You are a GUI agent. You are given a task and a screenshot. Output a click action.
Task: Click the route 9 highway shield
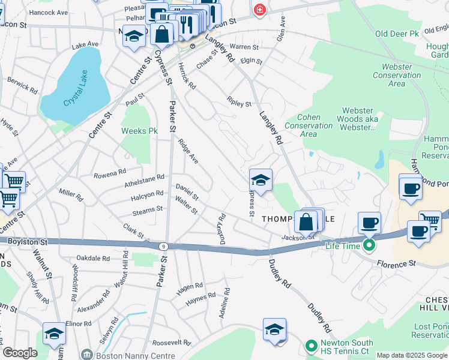click(x=163, y=245)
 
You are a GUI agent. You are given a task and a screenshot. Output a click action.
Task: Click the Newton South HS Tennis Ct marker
click(x=311, y=347)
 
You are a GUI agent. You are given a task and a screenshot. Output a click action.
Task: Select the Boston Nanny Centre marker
click(x=87, y=355)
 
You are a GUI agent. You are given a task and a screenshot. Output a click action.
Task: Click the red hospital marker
click(x=259, y=10)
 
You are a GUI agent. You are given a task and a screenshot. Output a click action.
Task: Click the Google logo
click(x=20, y=353)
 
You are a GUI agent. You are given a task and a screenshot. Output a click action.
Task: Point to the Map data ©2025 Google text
click(x=411, y=355)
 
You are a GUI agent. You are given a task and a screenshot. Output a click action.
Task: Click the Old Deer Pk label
click(x=397, y=34)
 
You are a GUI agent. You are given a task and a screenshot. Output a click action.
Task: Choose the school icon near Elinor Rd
click(x=54, y=334)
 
